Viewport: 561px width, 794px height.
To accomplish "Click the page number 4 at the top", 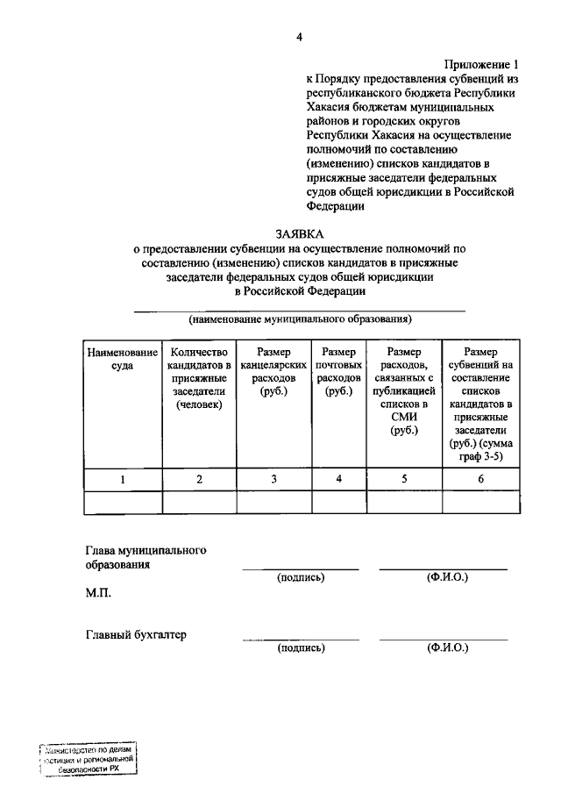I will point(299,36).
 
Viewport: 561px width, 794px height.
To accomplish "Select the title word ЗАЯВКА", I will point(299,233).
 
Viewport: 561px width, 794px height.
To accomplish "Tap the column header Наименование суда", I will point(122,359).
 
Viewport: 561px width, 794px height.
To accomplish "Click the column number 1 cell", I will point(122,479).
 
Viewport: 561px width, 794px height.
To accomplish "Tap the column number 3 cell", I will point(274,479).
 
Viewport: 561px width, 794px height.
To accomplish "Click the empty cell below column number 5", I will point(404,501).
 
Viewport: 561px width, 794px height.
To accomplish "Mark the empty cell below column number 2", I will point(199,501).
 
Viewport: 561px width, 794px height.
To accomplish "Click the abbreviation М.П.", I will point(98,593).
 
